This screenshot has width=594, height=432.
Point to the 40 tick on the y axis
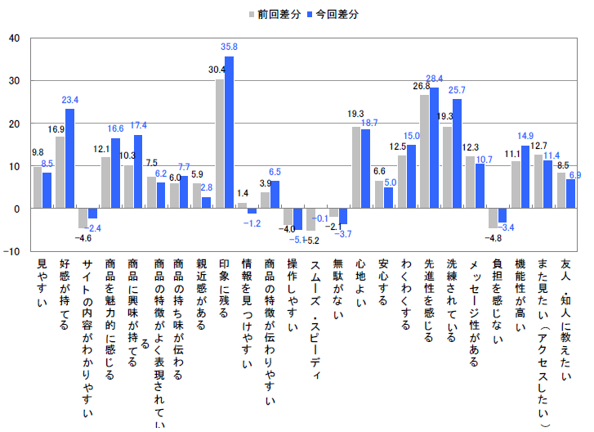(15, 38)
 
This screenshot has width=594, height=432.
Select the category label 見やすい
(42, 286)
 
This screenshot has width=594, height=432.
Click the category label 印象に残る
(224, 290)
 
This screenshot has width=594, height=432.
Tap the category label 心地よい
(360, 286)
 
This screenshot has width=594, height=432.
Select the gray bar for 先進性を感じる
(425, 151)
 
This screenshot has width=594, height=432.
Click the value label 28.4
(435, 79)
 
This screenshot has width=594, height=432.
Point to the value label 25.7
(458, 90)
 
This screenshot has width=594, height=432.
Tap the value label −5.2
(315, 241)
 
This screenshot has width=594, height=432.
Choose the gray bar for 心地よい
(356, 168)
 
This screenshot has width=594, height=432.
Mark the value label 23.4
(70, 100)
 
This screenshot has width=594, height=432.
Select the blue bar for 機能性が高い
(525, 177)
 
